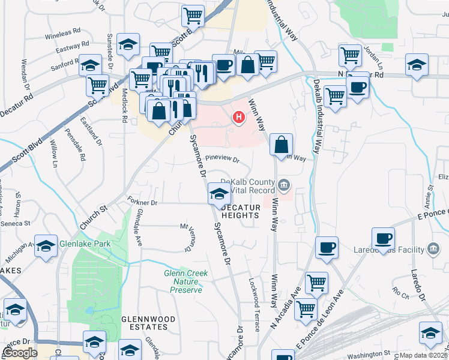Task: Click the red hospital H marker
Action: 239,117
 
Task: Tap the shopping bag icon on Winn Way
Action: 282,145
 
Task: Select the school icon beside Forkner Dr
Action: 218,194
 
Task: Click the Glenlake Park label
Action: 85,244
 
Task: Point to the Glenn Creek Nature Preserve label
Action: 186,281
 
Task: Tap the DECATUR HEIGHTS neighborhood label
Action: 241,211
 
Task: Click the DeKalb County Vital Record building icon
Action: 285,184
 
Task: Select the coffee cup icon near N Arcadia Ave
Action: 327,248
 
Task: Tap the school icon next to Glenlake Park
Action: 46,247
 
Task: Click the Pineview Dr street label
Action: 222,160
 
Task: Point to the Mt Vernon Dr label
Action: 189,235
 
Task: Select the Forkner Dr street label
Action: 142,203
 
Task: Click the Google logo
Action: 20,353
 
